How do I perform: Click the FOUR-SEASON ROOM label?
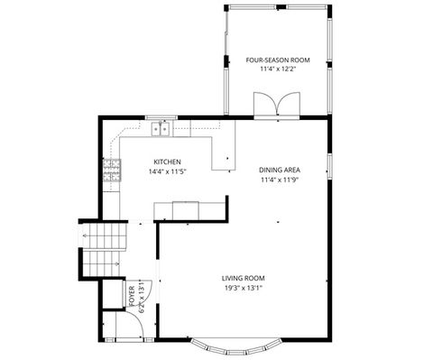[x=278, y=60]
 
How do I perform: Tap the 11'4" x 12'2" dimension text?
[x=278, y=69]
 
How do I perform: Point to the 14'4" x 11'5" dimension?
[x=167, y=171]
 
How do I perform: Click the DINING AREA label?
[x=280, y=170]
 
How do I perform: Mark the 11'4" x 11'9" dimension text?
[x=280, y=180]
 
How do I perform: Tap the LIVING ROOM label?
[x=244, y=278]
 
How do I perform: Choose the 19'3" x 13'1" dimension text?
[x=244, y=288]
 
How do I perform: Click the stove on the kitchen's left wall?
[x=112, y=171]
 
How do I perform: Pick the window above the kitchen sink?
[x=161, y=118]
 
